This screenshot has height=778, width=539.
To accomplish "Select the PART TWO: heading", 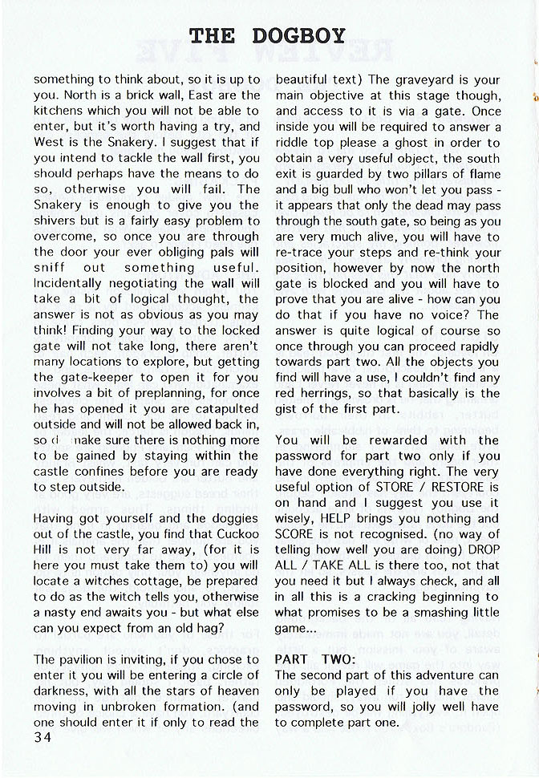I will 309,658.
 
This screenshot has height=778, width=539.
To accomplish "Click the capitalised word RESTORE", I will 458,487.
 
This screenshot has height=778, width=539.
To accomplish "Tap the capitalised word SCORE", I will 295,534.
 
